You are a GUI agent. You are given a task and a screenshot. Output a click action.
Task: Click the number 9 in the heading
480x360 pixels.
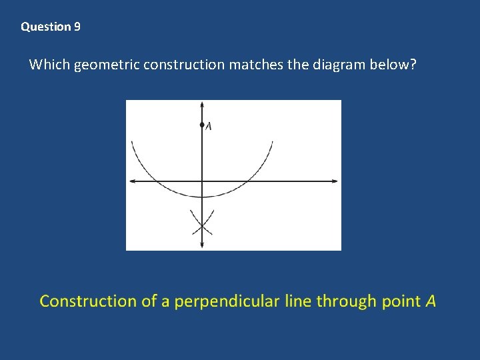coord(77,27)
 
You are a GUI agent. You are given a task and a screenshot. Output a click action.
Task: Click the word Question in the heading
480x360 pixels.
coord(46,27)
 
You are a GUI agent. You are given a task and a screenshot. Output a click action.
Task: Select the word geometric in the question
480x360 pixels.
coord(106,65)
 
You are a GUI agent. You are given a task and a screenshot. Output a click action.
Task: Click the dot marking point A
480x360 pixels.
coord(202,125)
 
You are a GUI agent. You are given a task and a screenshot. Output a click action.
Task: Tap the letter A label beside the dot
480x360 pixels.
coord(209,126)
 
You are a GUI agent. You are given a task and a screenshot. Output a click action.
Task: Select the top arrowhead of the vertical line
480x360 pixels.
coord(202,105)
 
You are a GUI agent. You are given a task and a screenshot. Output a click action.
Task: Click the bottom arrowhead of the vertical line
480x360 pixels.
coord(202,246)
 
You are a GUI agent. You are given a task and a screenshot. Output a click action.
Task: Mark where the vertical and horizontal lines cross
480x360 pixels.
coord(202,181)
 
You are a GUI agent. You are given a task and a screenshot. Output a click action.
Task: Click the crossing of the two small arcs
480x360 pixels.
coord(202,227)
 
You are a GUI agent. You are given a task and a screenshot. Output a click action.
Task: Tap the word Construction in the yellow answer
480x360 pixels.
coord(88,301)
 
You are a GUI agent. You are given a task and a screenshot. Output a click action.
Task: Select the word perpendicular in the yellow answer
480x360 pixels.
coord(223,301)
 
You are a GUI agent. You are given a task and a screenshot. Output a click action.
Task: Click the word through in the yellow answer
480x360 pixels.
coord(346,301)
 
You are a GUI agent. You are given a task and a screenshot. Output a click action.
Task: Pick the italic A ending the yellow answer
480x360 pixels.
coord(431,301)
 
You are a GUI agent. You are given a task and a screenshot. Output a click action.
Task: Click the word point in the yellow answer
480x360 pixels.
coord(401,301)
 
